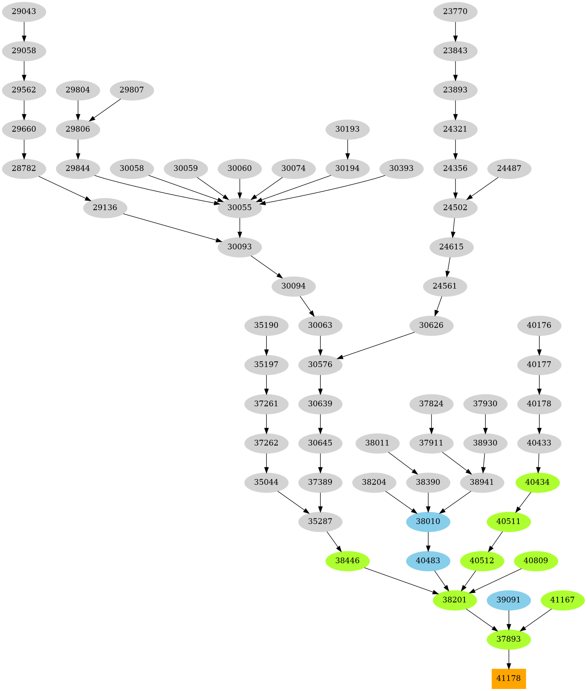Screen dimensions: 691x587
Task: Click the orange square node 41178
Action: coord(508,678)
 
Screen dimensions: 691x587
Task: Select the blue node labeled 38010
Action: coord(428,521)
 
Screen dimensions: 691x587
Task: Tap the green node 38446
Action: coord(347,561)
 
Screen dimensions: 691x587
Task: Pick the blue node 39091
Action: coord(508,600)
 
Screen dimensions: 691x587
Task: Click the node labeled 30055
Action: coord(239,208)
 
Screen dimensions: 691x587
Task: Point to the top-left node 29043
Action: coord(24,11)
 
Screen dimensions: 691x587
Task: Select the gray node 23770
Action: coord(455,11)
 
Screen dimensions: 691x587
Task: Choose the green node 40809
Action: coord(535,561)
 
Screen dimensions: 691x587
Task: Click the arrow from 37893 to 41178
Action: coord(508,659)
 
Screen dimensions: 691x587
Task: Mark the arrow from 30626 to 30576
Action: coord(378,345)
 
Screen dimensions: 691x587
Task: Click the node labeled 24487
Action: coord(509,168)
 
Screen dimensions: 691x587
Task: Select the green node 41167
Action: coord(562,600)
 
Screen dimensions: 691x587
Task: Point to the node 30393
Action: coord(401,168)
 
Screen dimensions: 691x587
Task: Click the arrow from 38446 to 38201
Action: coord(400,579)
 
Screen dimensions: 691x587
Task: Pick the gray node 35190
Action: coord(266,325)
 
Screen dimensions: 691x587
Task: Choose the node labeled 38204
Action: coord(374,482)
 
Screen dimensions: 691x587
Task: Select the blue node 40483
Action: coord(428,561)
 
